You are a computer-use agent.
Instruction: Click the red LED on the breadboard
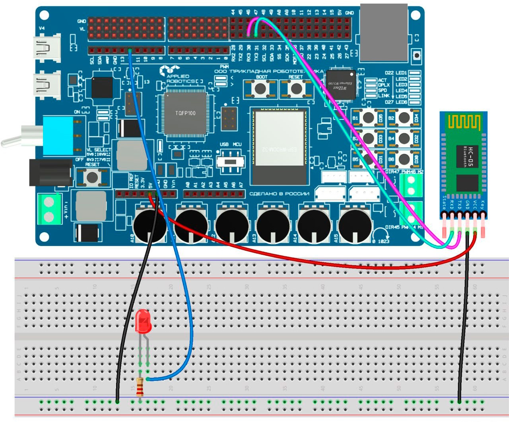(x=143, y=322)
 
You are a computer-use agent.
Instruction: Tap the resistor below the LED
(x=140, y=387)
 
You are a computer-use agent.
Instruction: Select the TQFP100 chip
(x=185, y=113)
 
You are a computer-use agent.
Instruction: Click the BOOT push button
(x=260, y=88)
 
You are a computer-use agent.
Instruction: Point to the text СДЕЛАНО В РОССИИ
(x=279, y=194)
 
